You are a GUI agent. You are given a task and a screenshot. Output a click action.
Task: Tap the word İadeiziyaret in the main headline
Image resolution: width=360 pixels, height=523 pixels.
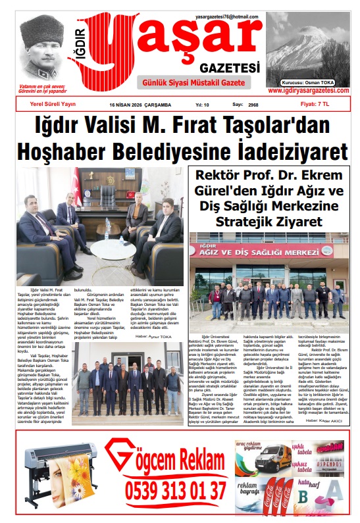coord(274,151)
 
